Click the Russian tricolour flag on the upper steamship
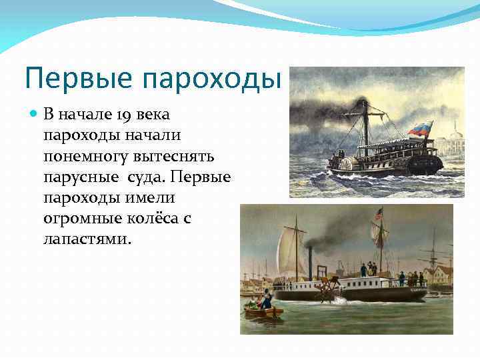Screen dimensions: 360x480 pos(419,129)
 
